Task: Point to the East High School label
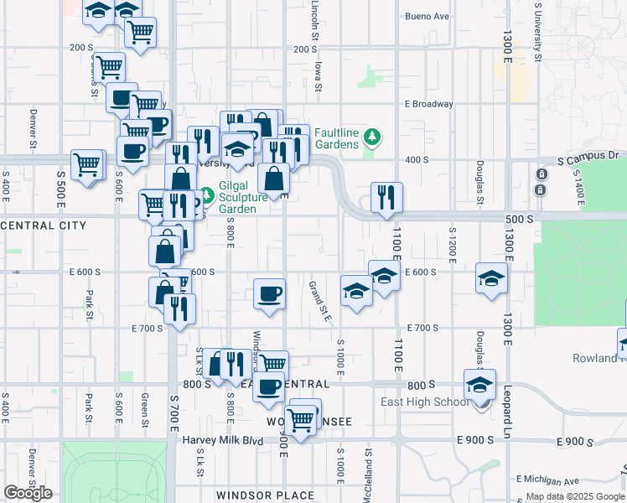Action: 424,402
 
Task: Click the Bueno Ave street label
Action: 427,16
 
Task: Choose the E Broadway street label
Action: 428,104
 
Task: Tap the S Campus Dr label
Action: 588,157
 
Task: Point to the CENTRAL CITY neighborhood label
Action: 44,226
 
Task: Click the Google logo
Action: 28,493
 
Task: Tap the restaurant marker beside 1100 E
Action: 386,198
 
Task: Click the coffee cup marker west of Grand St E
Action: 269,294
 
